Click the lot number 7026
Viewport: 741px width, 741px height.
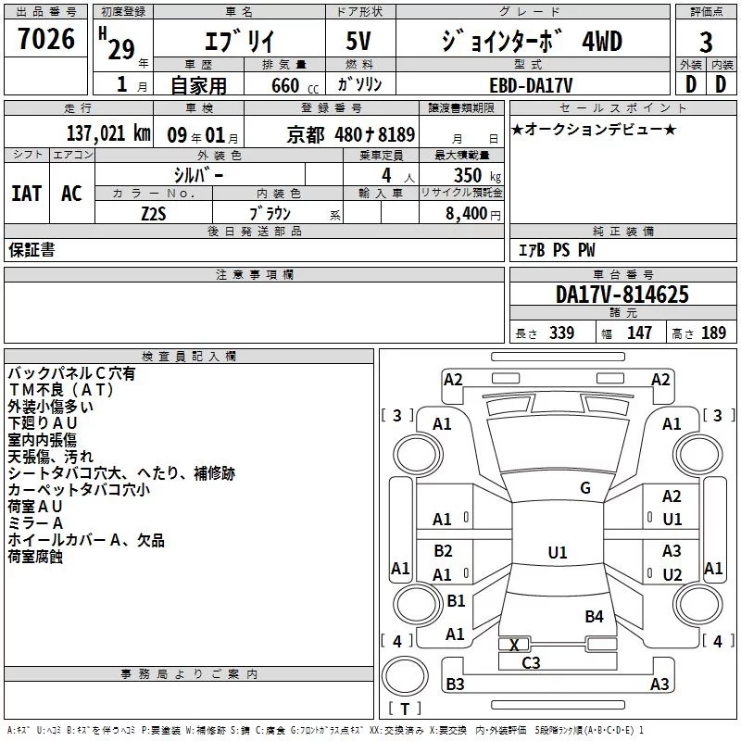[46, 39]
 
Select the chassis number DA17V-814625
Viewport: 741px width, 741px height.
[622, 295]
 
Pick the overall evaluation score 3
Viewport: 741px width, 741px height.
[706, 42]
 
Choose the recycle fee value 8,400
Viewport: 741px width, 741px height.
[472, 213]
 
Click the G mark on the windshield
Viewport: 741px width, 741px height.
[584, 488]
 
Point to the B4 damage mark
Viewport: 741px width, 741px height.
[594, 616]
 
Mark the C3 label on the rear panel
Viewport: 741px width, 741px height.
[531, 662]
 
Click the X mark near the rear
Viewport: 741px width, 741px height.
[515, 644]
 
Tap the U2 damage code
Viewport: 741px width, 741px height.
[672, 574]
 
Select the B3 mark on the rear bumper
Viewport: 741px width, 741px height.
[455, 684]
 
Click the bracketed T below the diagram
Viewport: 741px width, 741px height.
[407, 709]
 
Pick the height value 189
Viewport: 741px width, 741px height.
[713, 333]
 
